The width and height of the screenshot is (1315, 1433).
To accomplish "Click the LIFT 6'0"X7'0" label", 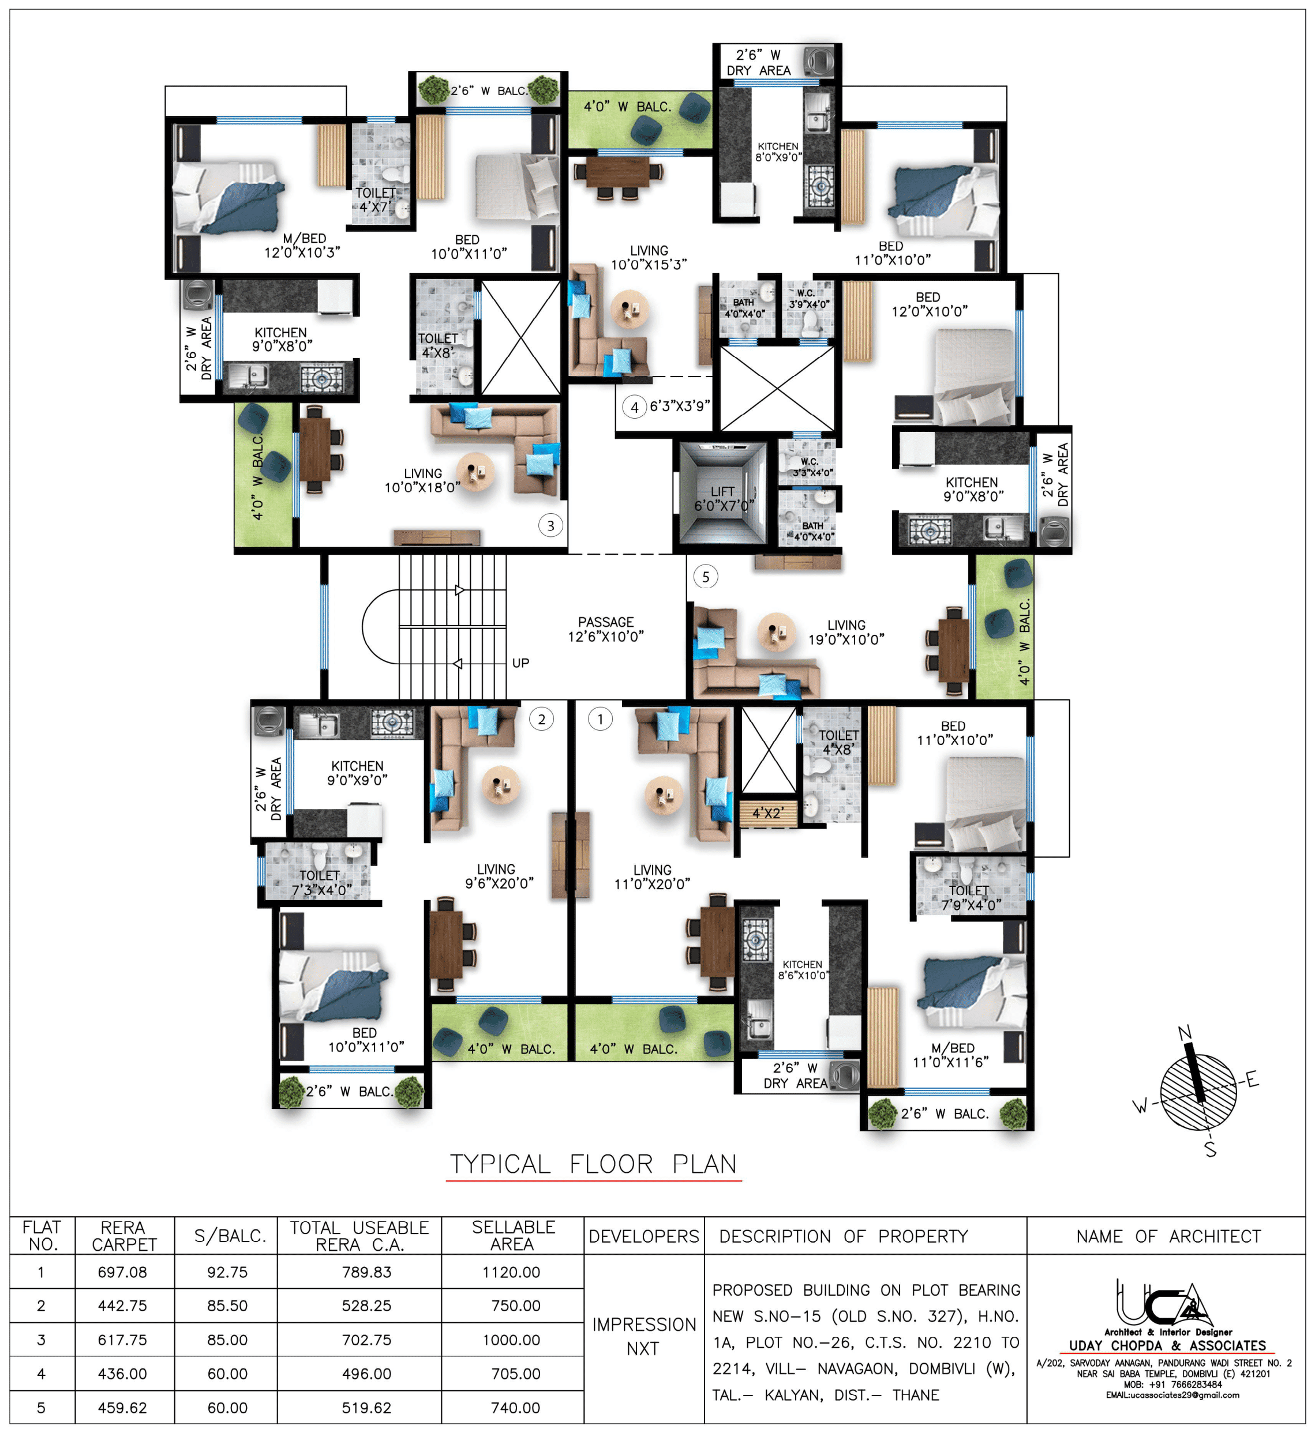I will (724, 499).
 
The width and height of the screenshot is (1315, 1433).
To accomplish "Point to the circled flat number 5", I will (705, 577).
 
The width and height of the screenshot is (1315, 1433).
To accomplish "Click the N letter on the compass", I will (1185, 1033).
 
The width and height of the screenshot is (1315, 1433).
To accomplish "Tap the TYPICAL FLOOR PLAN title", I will (594, 1164).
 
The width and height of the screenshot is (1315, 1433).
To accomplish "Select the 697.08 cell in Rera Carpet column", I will (122, 1272).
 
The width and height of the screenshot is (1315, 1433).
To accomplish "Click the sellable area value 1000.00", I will (512, 1340).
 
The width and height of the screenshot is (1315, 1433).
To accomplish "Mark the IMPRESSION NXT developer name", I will (643, 1336).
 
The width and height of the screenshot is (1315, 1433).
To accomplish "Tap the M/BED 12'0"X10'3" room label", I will (302, 245).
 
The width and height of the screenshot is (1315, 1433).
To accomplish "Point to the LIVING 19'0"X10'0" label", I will (846, 632).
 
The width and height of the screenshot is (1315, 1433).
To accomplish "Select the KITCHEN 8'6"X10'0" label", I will (803, 970).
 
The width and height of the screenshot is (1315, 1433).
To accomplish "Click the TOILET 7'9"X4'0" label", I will (971, 897).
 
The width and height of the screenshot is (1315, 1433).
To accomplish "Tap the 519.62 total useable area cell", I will (366, 1408).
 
